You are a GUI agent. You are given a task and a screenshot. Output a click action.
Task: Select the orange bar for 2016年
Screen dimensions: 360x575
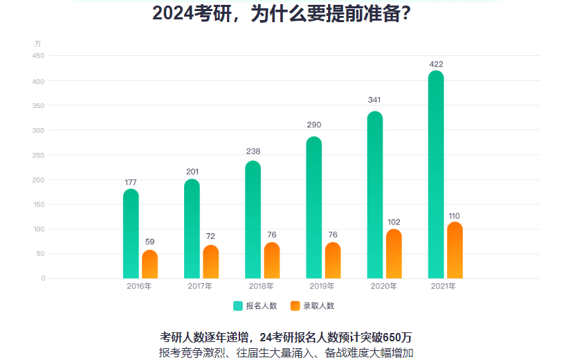coord(149,265)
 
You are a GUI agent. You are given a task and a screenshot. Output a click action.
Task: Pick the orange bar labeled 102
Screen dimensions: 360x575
coord(394,254)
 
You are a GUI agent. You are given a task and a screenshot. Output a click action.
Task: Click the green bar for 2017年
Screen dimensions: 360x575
coord(192,229)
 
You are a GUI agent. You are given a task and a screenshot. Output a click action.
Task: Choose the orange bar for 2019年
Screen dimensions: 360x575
coord(333,261)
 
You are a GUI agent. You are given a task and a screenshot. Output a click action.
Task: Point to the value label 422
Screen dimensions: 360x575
coord(436,64)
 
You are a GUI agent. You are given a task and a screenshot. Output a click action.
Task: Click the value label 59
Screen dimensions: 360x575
coord(149,242)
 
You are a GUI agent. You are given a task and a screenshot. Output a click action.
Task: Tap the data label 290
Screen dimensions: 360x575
coord(313,125)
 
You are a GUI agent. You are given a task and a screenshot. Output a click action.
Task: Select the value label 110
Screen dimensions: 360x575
coord(455,216)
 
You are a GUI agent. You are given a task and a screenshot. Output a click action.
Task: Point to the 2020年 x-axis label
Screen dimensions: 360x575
coord(384,286)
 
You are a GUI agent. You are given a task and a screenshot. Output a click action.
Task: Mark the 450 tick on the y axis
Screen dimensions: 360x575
coord(38,56)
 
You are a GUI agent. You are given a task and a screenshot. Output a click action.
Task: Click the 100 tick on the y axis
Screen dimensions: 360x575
coord(38,229)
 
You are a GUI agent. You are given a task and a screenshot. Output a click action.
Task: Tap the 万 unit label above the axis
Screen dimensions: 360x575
coord(38,44)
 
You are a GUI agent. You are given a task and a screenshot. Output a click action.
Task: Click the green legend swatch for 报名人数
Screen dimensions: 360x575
coord(238,305)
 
